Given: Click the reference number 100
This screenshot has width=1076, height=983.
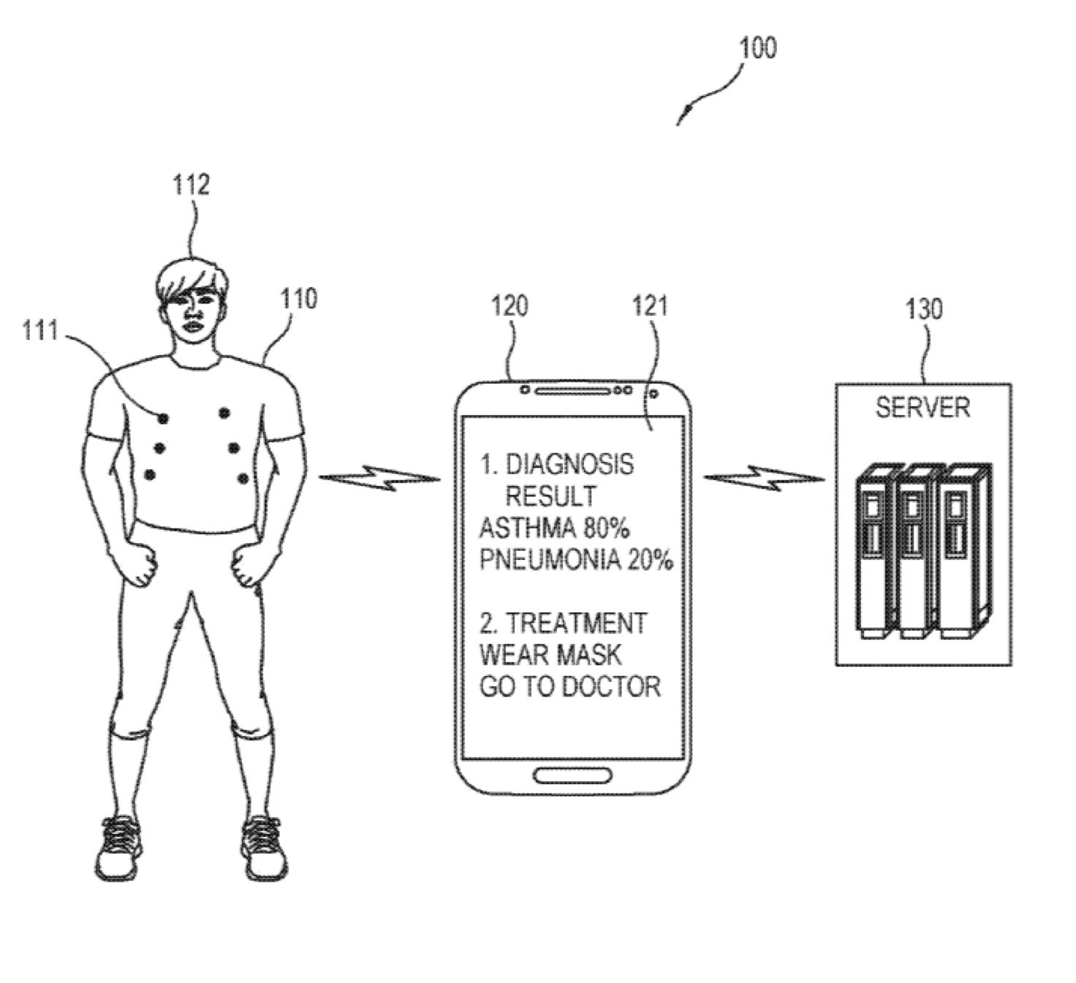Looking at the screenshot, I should [757, 49].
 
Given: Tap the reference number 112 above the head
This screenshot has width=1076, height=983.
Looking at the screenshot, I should [191, 184].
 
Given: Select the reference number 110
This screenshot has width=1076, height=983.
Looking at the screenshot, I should [299, 299].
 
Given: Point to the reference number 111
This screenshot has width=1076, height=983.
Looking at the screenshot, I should [39, 331].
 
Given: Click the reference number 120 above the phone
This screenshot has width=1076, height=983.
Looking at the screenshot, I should [509, 305].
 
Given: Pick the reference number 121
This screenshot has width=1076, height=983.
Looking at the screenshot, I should [650, 305].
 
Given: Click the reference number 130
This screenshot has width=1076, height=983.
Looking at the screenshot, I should [924, 309].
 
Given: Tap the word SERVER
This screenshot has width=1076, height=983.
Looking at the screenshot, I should [922, 407].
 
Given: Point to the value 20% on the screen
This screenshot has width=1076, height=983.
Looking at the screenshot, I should [649, 560].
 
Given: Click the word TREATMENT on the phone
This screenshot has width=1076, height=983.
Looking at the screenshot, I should [577, 623].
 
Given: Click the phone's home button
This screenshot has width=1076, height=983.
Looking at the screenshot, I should [572, 775].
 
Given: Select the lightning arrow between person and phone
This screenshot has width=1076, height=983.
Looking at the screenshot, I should [380, 479].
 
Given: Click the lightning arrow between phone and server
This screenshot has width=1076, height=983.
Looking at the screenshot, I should [764, 479].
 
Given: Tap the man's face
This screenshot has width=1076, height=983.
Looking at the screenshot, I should [192, 311].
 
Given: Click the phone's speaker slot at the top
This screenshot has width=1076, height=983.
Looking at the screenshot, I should [572, 390].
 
